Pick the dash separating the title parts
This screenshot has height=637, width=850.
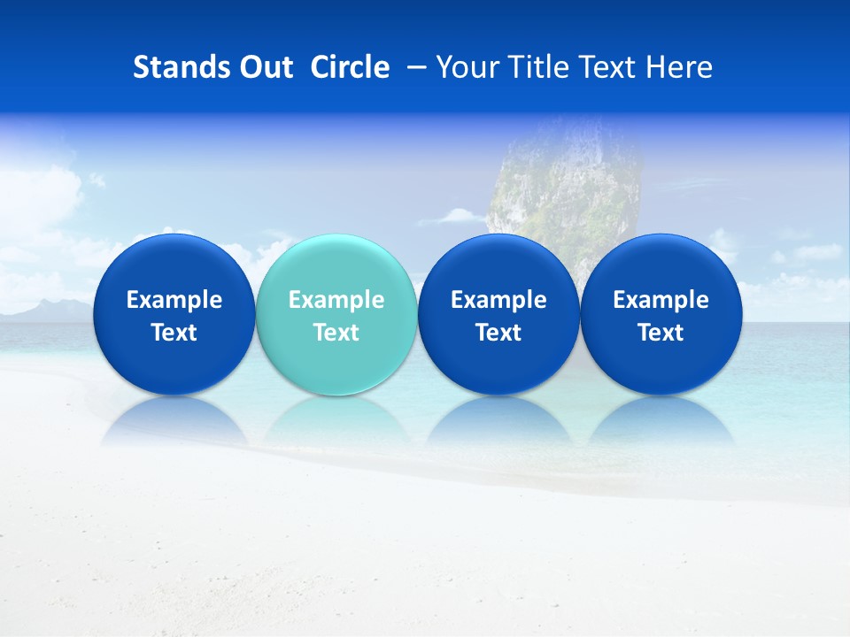tap(413, 67)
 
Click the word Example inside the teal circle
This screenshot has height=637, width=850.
tap(336, 300)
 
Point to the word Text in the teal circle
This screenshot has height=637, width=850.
tap(336, 333)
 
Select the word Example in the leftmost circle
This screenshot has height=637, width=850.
tap(174, 300)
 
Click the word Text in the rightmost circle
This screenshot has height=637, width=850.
tap(661, 333)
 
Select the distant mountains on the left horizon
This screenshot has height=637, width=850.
tap(44, 309)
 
